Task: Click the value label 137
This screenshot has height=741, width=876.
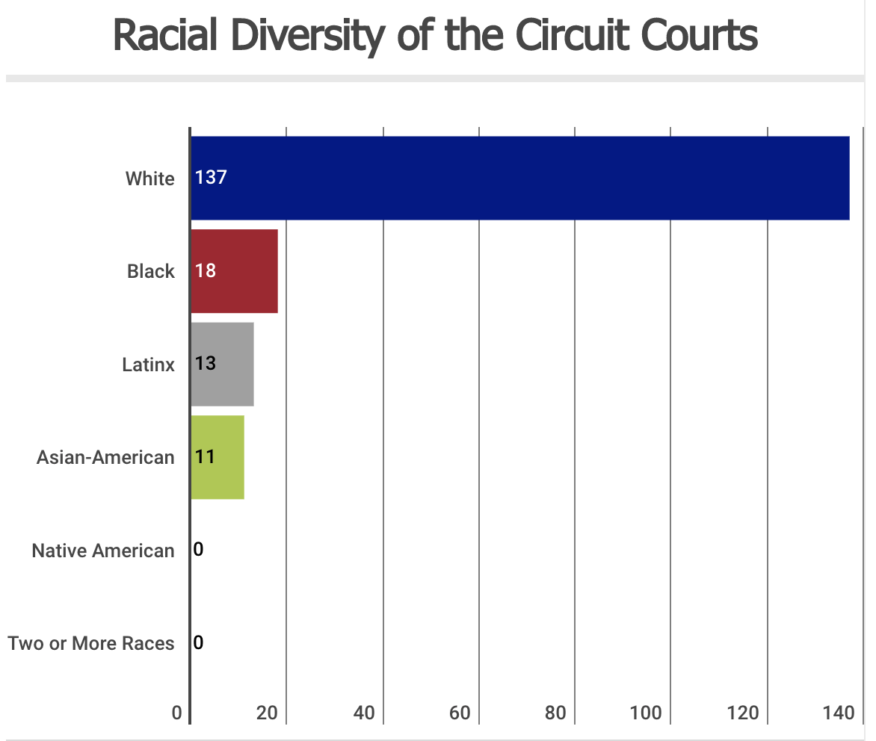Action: (210, 178)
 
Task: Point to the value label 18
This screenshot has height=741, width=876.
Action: (205, 270)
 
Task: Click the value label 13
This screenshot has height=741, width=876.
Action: (205, 364)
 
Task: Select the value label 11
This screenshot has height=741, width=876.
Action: (205, 456)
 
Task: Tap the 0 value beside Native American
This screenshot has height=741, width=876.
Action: (198, 550)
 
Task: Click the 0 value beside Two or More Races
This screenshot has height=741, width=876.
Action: (198, 642)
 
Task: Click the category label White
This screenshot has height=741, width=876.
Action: (149, 179)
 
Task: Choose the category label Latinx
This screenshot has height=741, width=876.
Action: (148, 365)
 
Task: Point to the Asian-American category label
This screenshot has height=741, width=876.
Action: (105, 457)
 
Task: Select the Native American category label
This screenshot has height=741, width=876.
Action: (103, 551)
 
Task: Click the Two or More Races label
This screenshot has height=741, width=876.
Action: (91, 643)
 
